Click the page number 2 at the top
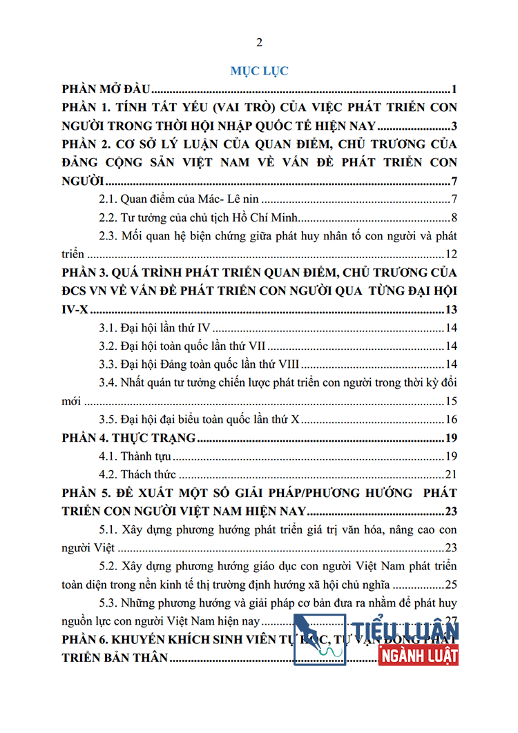pyautogui.click(x=259, y=43)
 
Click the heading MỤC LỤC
pyautogui.click(x=259, y=70)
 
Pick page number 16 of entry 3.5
pyautogui.click(x=452, y=419)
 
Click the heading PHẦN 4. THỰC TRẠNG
pyautogui.click(x=128, y=438)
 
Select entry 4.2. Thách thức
pyautogui.click(x=138, y=474)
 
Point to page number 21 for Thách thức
pyautogui.click(x=452, y=474)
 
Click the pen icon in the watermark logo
pyautogui.click(x=319, y=638)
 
